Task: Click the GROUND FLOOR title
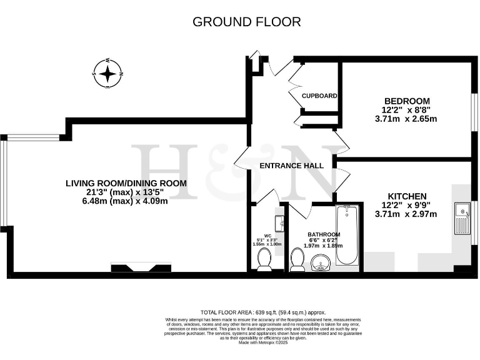[246, 22]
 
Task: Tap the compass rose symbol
[108, 74]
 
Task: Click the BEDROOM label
[407, 101]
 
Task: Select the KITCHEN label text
[407, 196]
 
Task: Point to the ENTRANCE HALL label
[292, 166]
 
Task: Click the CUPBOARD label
[319, 96]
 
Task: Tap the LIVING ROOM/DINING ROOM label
[126, 183]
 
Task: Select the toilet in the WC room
[264, 259]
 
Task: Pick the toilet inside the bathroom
[297, 259]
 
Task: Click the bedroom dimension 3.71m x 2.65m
[406, 118]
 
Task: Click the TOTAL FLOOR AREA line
[262, 312]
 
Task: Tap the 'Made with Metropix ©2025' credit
[262, 342]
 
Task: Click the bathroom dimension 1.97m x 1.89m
[323, 246]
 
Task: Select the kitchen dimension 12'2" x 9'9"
[406, 205]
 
